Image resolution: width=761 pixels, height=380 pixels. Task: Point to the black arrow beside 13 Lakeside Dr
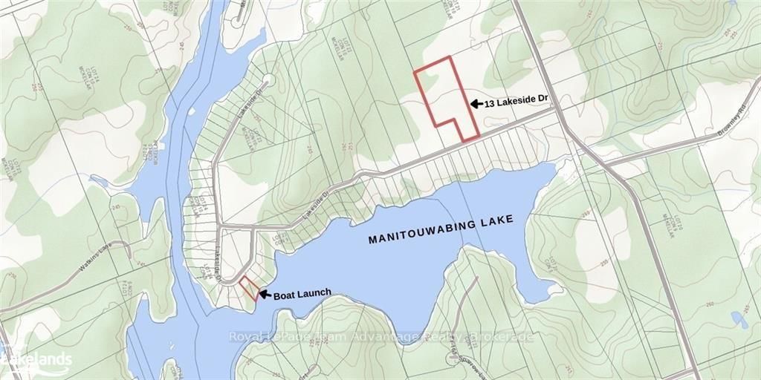[475, 105]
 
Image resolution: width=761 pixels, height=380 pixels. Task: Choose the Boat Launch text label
[302, 294]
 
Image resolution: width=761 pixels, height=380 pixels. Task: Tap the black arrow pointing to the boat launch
[265, 294]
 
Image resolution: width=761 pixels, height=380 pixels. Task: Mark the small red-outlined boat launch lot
[249, 288]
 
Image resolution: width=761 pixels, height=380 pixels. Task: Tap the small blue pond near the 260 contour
[739, 320]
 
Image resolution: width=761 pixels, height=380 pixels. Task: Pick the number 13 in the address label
[490, 105]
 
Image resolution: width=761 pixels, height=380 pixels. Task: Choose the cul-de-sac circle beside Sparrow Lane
[452, 358]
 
